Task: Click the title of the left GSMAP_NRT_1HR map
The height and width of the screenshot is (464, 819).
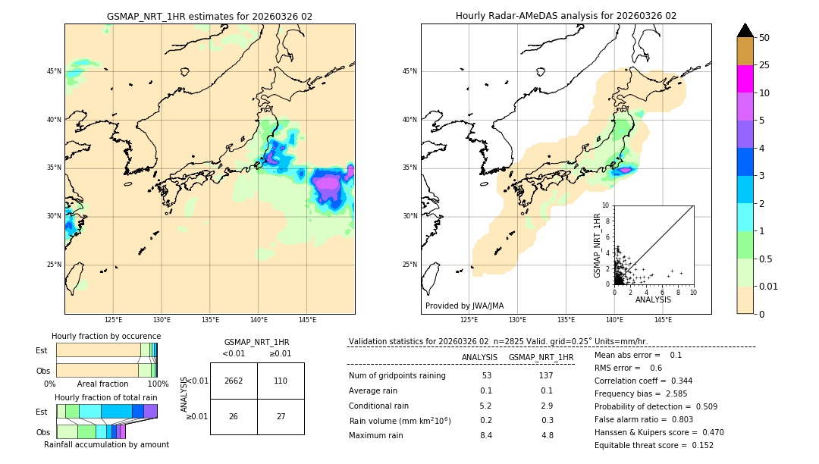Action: [209, 16]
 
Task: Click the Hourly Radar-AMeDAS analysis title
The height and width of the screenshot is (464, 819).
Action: [566, 16]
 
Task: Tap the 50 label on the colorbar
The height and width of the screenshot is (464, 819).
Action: [764, 38]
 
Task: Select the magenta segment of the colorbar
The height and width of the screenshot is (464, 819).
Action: [745, 79]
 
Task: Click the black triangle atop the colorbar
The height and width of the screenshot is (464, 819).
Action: [745, 30]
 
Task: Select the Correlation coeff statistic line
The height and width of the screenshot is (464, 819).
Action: [643, 381]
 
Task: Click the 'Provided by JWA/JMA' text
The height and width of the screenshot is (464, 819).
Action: [464, 306]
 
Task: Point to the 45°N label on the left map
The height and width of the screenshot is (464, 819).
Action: [54, 71]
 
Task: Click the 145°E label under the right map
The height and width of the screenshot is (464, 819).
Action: [663, 320]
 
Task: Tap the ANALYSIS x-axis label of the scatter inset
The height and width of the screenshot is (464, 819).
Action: [653, 300]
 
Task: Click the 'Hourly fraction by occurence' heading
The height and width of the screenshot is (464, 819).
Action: [106, 336]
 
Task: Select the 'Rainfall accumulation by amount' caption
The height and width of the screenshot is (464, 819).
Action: [106, 444]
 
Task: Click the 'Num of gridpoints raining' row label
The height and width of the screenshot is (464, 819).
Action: [397, 375]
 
